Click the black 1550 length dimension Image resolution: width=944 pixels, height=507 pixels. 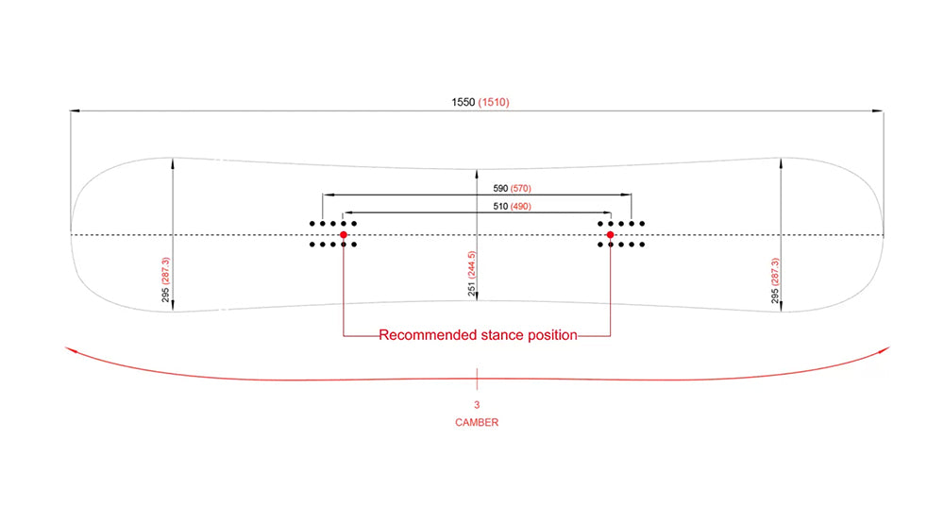464,102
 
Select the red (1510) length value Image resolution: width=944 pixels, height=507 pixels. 494,102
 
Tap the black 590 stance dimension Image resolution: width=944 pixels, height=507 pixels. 500,189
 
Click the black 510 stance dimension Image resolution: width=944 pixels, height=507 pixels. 500,207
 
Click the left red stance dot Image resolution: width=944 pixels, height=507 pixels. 344,234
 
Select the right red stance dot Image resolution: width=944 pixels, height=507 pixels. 610,234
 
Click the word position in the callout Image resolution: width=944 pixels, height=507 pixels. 549,335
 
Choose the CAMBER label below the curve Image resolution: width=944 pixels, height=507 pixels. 477,423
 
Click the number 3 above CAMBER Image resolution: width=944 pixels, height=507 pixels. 477,405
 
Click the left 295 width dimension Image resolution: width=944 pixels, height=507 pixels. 166,295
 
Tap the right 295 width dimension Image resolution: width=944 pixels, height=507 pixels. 775,295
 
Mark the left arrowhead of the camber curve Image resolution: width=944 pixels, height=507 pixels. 69,348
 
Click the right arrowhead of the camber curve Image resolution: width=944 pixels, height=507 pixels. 885,349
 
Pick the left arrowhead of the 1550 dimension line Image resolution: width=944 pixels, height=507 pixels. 74,111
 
